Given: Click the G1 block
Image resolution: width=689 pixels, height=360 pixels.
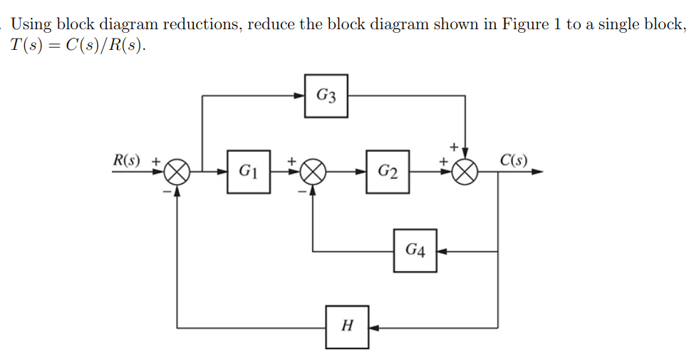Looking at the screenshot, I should pos(249,172).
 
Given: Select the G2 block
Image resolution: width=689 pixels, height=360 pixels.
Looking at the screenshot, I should pos(388,172).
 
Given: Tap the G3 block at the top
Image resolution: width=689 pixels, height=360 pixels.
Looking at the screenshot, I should pos(326,96).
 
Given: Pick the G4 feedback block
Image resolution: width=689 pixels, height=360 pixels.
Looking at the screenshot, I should pos(415,250).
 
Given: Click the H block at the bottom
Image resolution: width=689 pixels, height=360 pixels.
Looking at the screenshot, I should pos(347,326).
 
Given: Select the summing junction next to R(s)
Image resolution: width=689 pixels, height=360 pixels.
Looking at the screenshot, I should pos(177,172).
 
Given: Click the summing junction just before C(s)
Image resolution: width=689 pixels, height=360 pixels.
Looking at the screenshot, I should pos(465,172).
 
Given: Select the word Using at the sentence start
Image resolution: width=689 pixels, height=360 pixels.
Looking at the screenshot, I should pos(31,24).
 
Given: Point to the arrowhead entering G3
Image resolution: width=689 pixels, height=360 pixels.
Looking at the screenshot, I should pos(301,96).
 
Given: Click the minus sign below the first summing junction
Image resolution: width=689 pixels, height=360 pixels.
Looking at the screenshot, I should pos(166,191).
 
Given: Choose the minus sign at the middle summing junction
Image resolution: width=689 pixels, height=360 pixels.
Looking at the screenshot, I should pos(302,191).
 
